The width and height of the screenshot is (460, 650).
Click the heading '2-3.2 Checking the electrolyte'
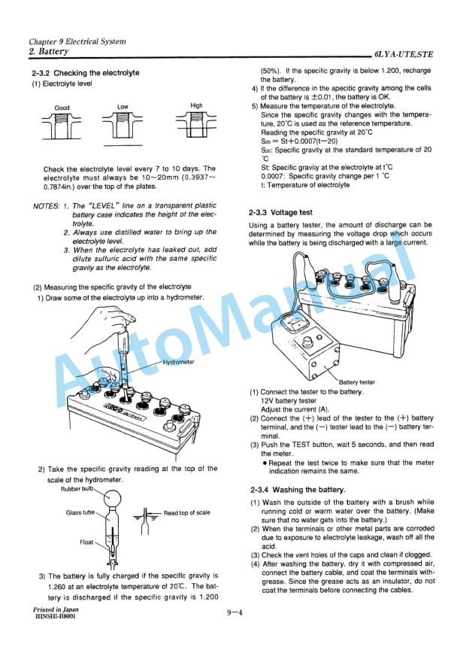click(85, 73)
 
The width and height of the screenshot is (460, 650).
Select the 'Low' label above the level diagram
click(123, 107)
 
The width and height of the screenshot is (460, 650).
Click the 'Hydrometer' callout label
click(178, 362)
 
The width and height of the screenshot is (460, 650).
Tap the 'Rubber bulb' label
click(77, 489)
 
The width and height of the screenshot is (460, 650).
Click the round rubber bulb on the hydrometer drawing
click(113, 497)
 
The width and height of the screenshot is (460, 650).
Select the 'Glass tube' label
click(80, 512)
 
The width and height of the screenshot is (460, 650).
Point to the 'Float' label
click(86, 542)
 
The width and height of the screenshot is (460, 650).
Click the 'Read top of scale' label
click(186, 513)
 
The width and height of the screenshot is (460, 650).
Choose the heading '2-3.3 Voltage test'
click(280, 213)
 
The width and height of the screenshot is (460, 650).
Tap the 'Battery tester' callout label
click(356, 382)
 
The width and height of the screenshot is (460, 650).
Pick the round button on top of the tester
click(307, 342)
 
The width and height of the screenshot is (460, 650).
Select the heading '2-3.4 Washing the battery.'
click(298, 490)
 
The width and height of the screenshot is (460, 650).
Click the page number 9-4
click(234, 612)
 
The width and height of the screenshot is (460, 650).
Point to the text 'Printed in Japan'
click(56, 609)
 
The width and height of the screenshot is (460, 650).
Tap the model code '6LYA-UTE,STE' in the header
click(404, 54)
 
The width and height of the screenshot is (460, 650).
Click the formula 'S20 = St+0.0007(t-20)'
click(299, 141)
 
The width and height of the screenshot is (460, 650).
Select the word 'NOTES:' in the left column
click(46, 206)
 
